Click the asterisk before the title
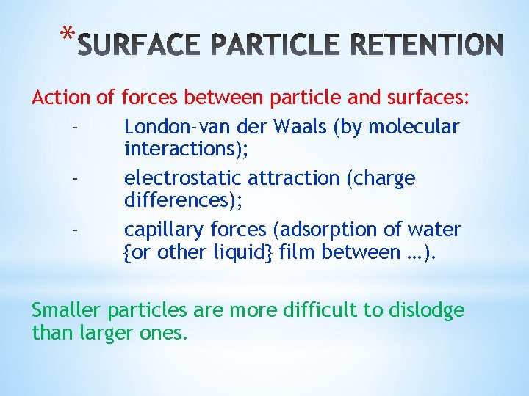(x=68, y=34)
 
